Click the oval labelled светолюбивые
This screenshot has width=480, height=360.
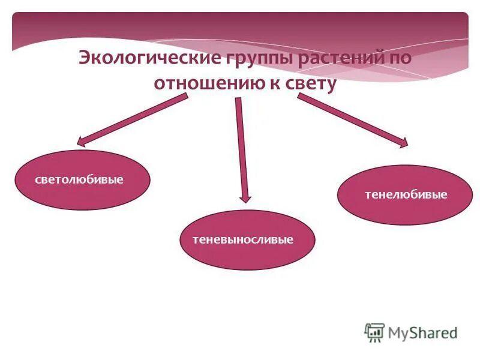pyautogui.click(x=82, y=180)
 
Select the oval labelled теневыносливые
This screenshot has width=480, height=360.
pyautogui.click(x=247, y=240)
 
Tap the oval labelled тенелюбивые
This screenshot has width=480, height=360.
pyautogui.click(x=405, y=195)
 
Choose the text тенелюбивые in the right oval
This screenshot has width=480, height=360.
pyautogui.click(x=406, y=195)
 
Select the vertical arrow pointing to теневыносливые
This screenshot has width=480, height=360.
pyautogui.click(x=241, y=150)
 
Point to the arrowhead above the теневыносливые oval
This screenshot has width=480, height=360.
pyautogui.click(x=244, y=197)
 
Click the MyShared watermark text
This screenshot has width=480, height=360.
pyautogui.click(x=422, y=332)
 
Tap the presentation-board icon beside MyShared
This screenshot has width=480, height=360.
pyautogui.click(x=374, y=332)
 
